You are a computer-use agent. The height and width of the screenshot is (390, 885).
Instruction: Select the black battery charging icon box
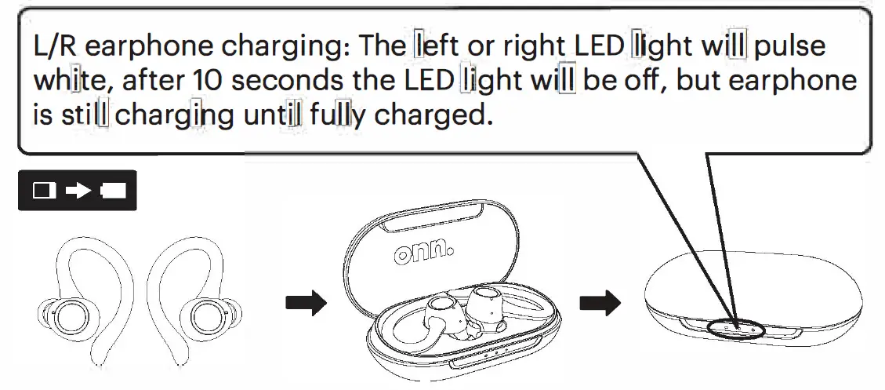(77, 191)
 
